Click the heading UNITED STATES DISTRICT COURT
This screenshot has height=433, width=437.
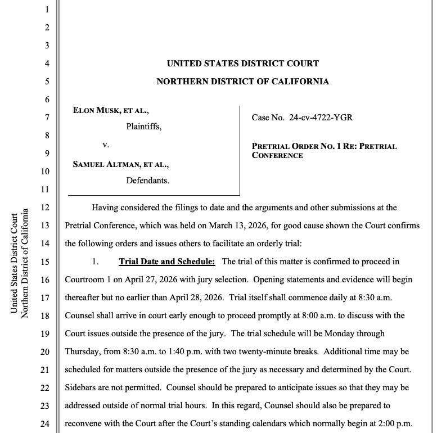(242, 64)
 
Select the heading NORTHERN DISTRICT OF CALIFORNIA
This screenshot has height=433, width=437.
(242, 82)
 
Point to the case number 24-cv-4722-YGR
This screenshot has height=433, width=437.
(321, 118)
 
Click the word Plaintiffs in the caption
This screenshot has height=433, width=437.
(143, 127)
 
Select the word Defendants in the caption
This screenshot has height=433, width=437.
(148, 181)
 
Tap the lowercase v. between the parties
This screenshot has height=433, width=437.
(105, 145)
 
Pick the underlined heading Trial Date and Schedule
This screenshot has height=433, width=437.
(167, 261)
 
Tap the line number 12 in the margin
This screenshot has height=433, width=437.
(47, 208)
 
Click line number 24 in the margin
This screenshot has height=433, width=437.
(47, 423)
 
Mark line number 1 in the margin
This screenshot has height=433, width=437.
(47, 10)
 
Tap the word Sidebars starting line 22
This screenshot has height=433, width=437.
(83, 387)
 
